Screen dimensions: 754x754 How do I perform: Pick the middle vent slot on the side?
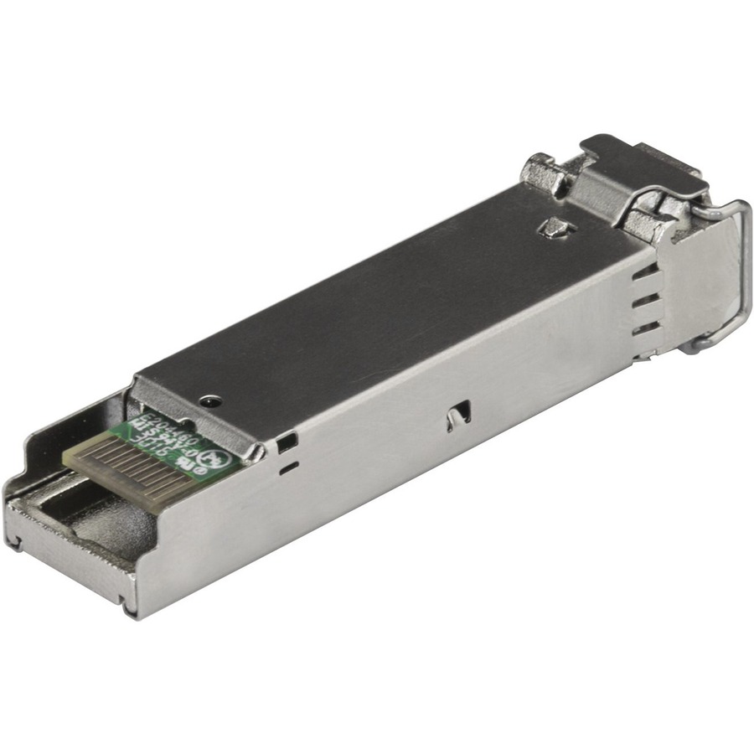646,302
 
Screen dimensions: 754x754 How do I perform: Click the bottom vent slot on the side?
646,329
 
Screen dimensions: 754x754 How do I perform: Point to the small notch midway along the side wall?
458,414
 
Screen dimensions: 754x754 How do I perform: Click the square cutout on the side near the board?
287,441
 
